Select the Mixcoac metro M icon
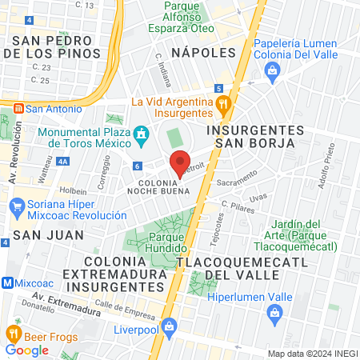8,282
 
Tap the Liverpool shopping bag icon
169,326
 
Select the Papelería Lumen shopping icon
272,70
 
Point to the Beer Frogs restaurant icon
13,333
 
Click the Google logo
26,350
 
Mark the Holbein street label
72,191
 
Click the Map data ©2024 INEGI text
311,354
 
